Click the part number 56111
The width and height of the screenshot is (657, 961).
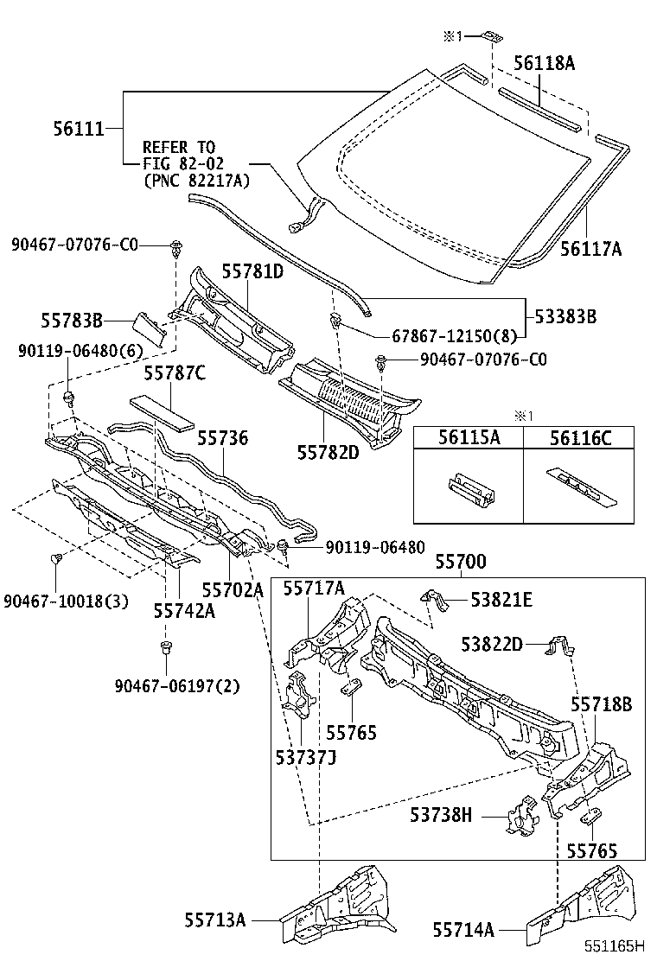click(77, 130)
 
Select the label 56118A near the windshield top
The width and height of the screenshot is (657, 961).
click(544, 63)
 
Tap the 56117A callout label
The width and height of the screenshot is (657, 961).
click(590, 249)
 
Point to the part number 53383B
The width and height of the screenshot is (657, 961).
click(565, 317)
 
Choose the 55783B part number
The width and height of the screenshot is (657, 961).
click(71, 321)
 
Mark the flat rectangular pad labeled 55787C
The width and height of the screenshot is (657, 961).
click(163, 412)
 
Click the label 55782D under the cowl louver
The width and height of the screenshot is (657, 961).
click(328, 451)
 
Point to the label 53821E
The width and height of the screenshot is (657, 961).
click(501, 600)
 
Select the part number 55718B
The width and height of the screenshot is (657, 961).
click(601, 705)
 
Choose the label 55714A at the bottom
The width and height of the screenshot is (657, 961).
click(463, 929)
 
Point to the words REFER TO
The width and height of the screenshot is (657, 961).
click(179, 148)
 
